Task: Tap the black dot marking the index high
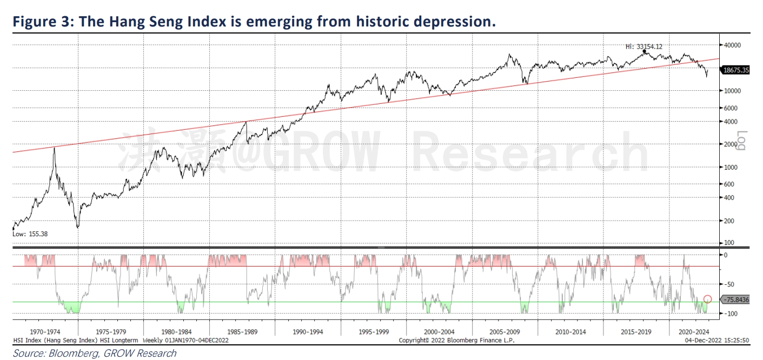coord(645,51)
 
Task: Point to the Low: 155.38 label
coord(31,234)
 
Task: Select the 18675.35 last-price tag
coord(736,70)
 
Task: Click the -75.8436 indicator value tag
coord(737,300)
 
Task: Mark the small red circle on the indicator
coord(707,299)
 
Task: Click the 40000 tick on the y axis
coord(733,45)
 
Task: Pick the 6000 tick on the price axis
coord(732,108)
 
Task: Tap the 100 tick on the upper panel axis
coord(730,243)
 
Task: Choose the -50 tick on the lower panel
coord(729,284)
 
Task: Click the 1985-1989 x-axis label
coord(242,331)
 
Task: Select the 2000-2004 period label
coord(439,331)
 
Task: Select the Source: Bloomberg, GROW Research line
coord(95,354)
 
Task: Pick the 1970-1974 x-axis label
coord(45,331)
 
